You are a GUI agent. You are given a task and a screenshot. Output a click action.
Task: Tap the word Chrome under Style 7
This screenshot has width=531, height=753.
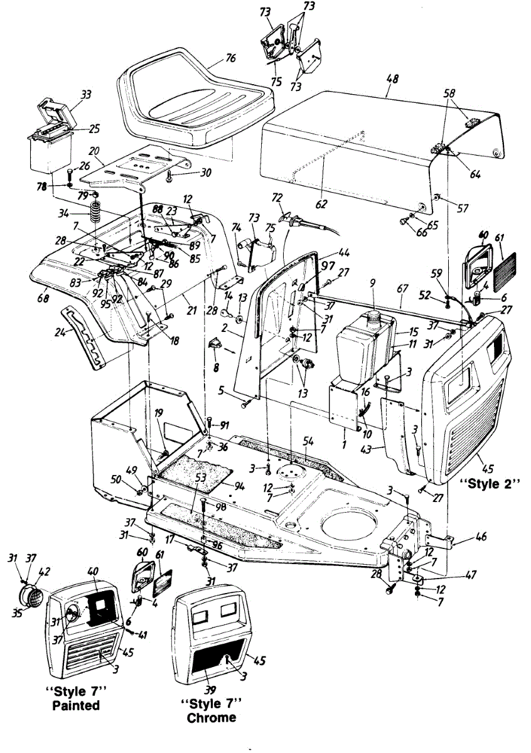pyautogui.click(x=212, y=717)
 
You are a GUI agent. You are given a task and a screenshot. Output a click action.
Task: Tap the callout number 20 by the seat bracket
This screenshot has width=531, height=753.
pyautogui.click(x=94, y=152)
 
